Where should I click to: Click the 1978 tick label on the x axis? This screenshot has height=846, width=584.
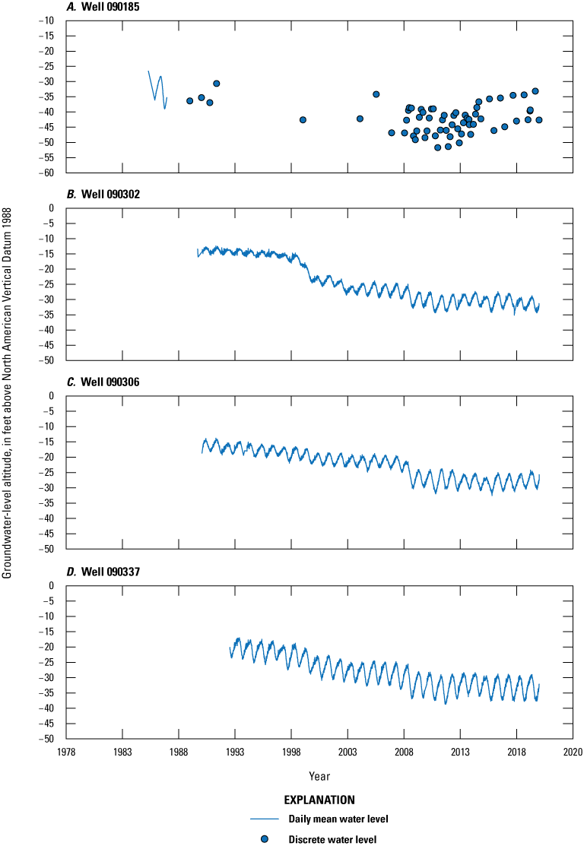point(66,751)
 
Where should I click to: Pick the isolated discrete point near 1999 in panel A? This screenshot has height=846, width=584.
point(303,119)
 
